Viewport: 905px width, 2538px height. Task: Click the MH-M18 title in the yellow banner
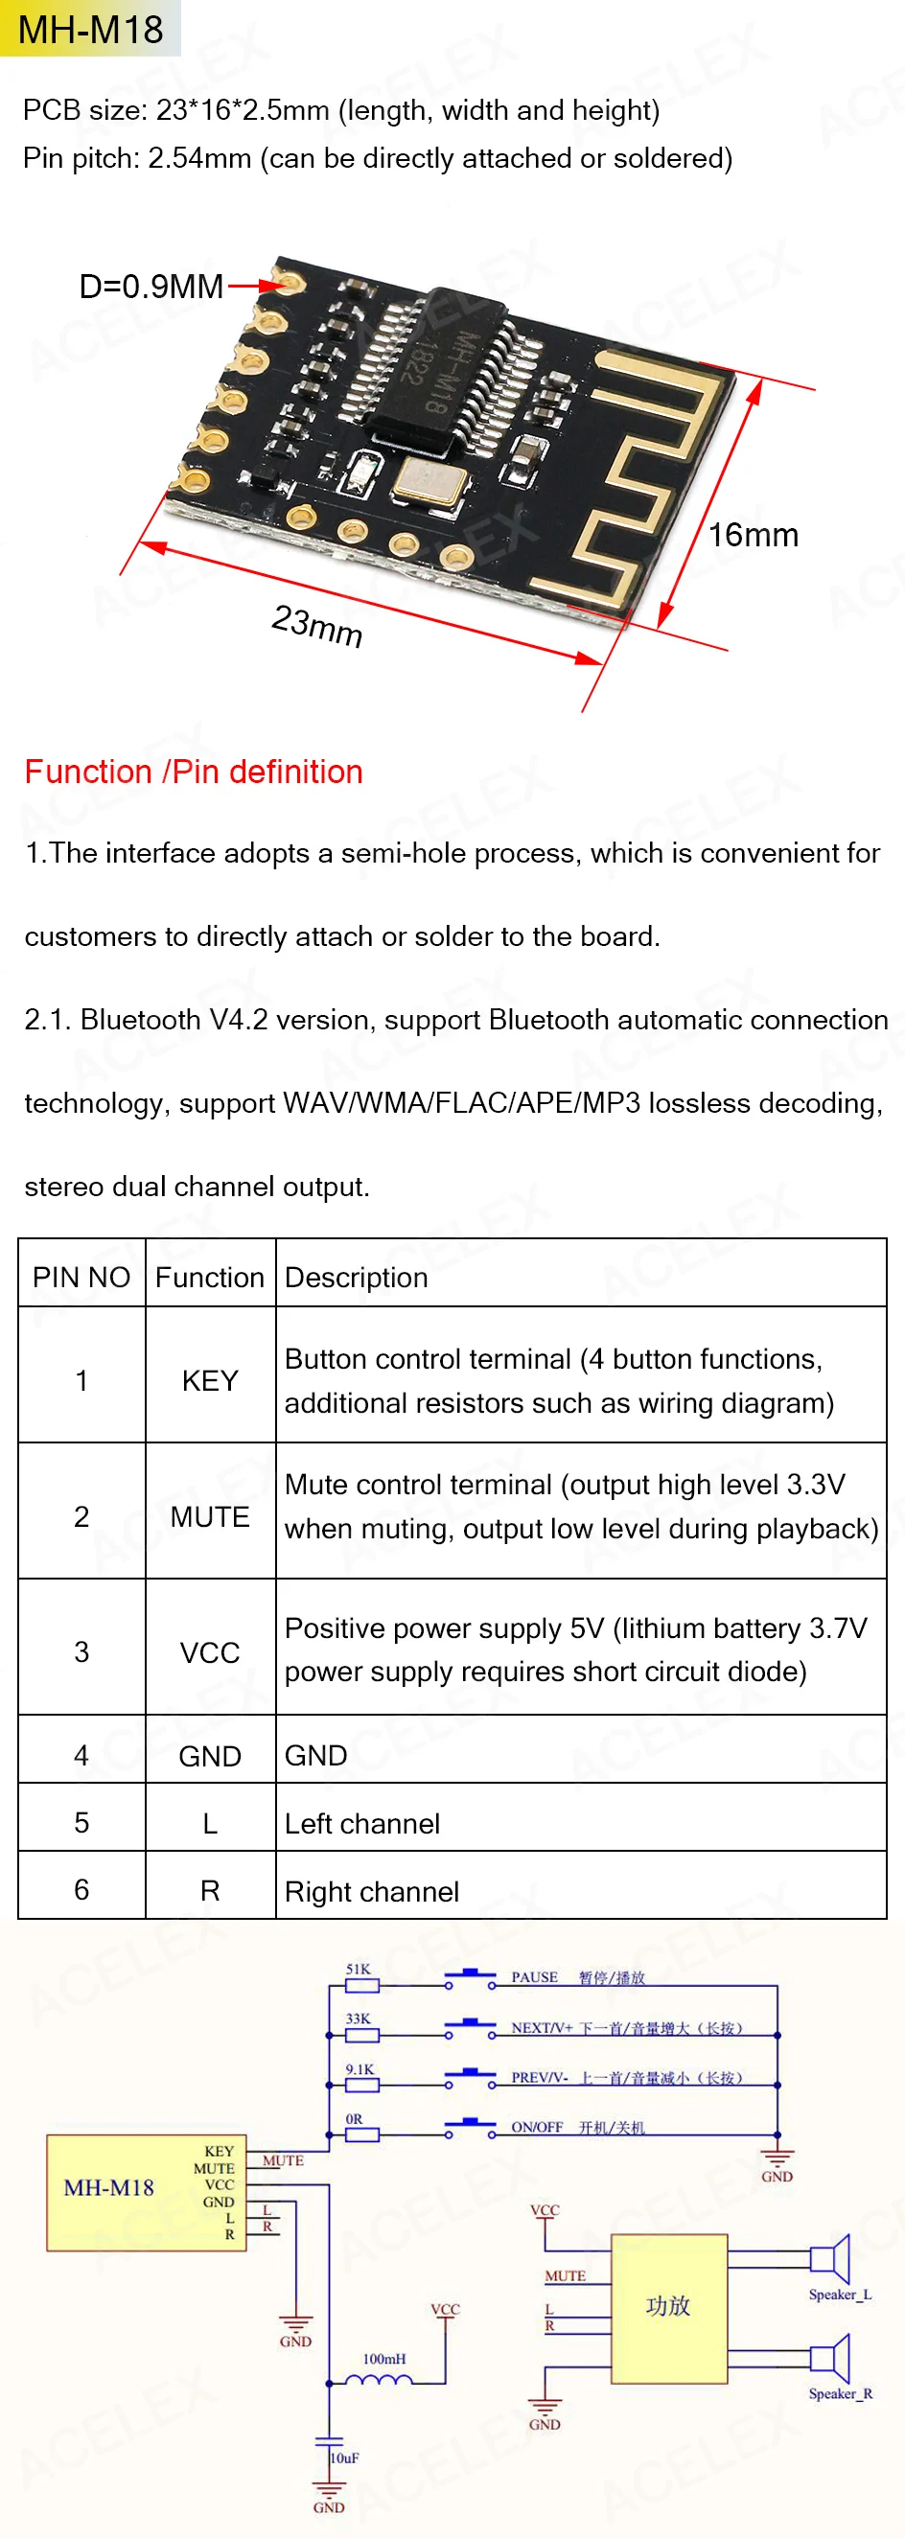91,30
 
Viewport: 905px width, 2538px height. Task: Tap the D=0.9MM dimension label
151,287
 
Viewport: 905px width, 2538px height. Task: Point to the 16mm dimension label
754,535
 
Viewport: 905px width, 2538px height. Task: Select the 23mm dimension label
317,626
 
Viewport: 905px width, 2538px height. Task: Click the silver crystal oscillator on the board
429,481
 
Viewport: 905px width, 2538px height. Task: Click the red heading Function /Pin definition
194,772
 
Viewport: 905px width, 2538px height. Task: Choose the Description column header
356,1277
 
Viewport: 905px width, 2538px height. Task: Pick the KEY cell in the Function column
210,1380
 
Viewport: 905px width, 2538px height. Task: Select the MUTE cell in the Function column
210,1516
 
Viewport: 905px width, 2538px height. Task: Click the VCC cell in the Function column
210,1652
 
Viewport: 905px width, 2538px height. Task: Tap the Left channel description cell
361,1824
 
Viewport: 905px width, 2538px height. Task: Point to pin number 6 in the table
81,1890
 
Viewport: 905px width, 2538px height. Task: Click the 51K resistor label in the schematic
358,1970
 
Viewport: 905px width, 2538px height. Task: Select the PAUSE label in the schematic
534,1977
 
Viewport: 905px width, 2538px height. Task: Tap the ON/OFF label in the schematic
537,2127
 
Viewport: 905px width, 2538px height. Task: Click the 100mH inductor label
383,2359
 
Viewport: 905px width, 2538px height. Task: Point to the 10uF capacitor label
345,2457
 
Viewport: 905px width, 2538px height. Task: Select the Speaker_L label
840,2295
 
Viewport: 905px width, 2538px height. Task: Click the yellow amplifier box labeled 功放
668,2306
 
